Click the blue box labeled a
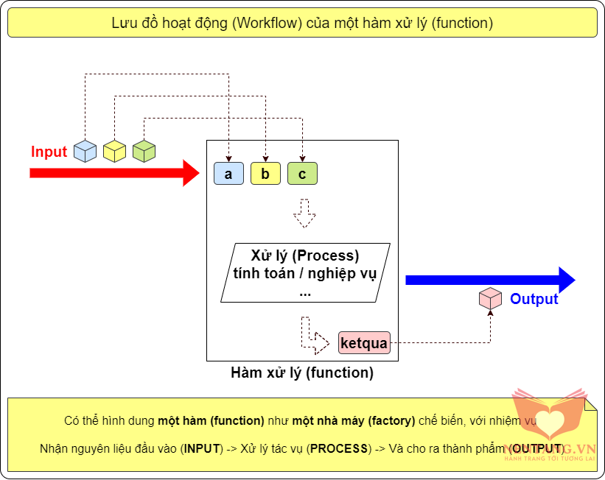coord(228,174)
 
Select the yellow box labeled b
coord(265,174)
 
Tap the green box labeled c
coord(302,174)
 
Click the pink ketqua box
coord(363,343)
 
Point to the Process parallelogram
coord(305,273)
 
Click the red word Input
coord(49,152)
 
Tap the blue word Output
coord(534,299)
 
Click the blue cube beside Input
coord(85,151)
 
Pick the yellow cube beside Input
coord(114,151)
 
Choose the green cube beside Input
coord(144,151)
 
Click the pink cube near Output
coord(490,299)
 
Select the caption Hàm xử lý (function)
coord(302,373)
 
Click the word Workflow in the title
coord(263,23)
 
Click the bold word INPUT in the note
coord(202,448)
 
